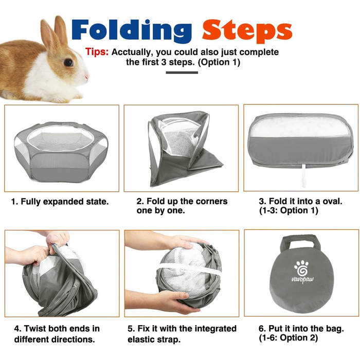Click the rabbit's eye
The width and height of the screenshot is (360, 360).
pos(68,62)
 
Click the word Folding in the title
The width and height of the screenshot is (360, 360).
pos(132,30)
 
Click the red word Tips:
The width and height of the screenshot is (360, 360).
pos(97,52)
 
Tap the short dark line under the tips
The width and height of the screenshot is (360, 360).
pos(182,73)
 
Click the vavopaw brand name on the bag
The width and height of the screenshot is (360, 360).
pos(302,280)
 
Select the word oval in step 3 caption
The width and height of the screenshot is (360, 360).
pos(332,202)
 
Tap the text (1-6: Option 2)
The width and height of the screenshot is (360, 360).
pos(289,338)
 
